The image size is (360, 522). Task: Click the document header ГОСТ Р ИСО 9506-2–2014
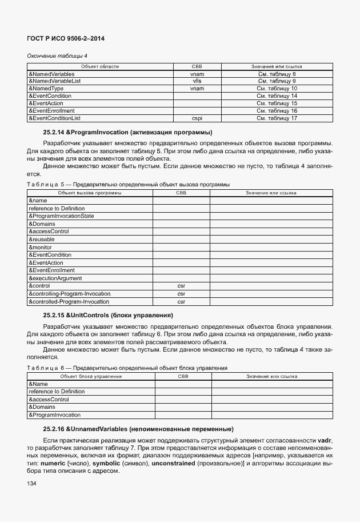pyautogui.click(x=66, y=38)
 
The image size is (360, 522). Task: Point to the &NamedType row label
pyautogui.click(x=46, y=89)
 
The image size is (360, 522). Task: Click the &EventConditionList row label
pyautogui.click(x=54, y=118)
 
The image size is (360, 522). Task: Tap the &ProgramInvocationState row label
pyautogui.click(x=61, y=216)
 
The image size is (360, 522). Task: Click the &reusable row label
pyautogui.click(x=42, y=239)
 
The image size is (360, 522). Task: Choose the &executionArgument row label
pyautogui.click(x=55, y=278)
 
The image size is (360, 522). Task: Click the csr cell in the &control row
pyautogui.click(x=181, y=285)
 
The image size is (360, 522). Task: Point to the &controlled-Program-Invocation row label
pyautogui.click(x=69, y=301)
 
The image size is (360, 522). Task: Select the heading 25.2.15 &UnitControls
pyautogui.click(x=108, y=315)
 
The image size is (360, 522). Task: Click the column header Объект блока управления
pyautogui.click(x=90, y=376)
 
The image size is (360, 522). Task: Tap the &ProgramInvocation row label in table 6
pyautogui.click(x=54, y=415)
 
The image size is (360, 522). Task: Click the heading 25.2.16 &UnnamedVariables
pyautogui.click(x=138, y=429)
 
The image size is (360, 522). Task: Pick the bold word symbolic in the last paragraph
pyautogui.click(x=108, y=462)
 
